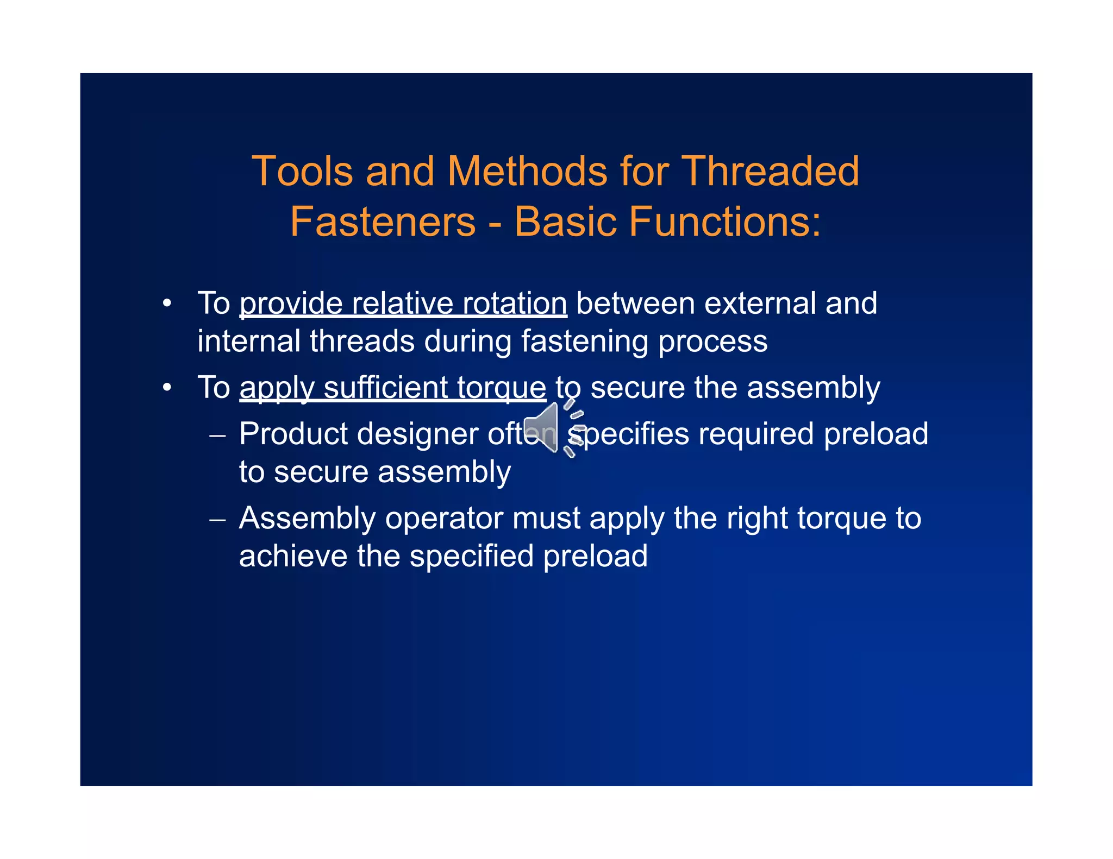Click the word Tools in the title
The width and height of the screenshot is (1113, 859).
(302, 172)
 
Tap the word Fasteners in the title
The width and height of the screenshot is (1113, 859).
(383, 222)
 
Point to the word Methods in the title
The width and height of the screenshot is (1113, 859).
(527, 172)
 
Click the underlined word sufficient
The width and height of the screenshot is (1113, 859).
(386, 388)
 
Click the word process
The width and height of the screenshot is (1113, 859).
(712, 342)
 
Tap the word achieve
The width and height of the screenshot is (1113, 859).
(293, 557)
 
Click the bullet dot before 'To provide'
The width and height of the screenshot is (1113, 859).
(167, 304)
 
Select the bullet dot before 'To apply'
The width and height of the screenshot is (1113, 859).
(167, 388)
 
